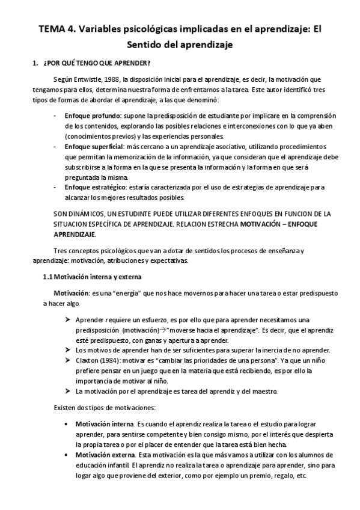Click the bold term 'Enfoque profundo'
coord(93,115)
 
